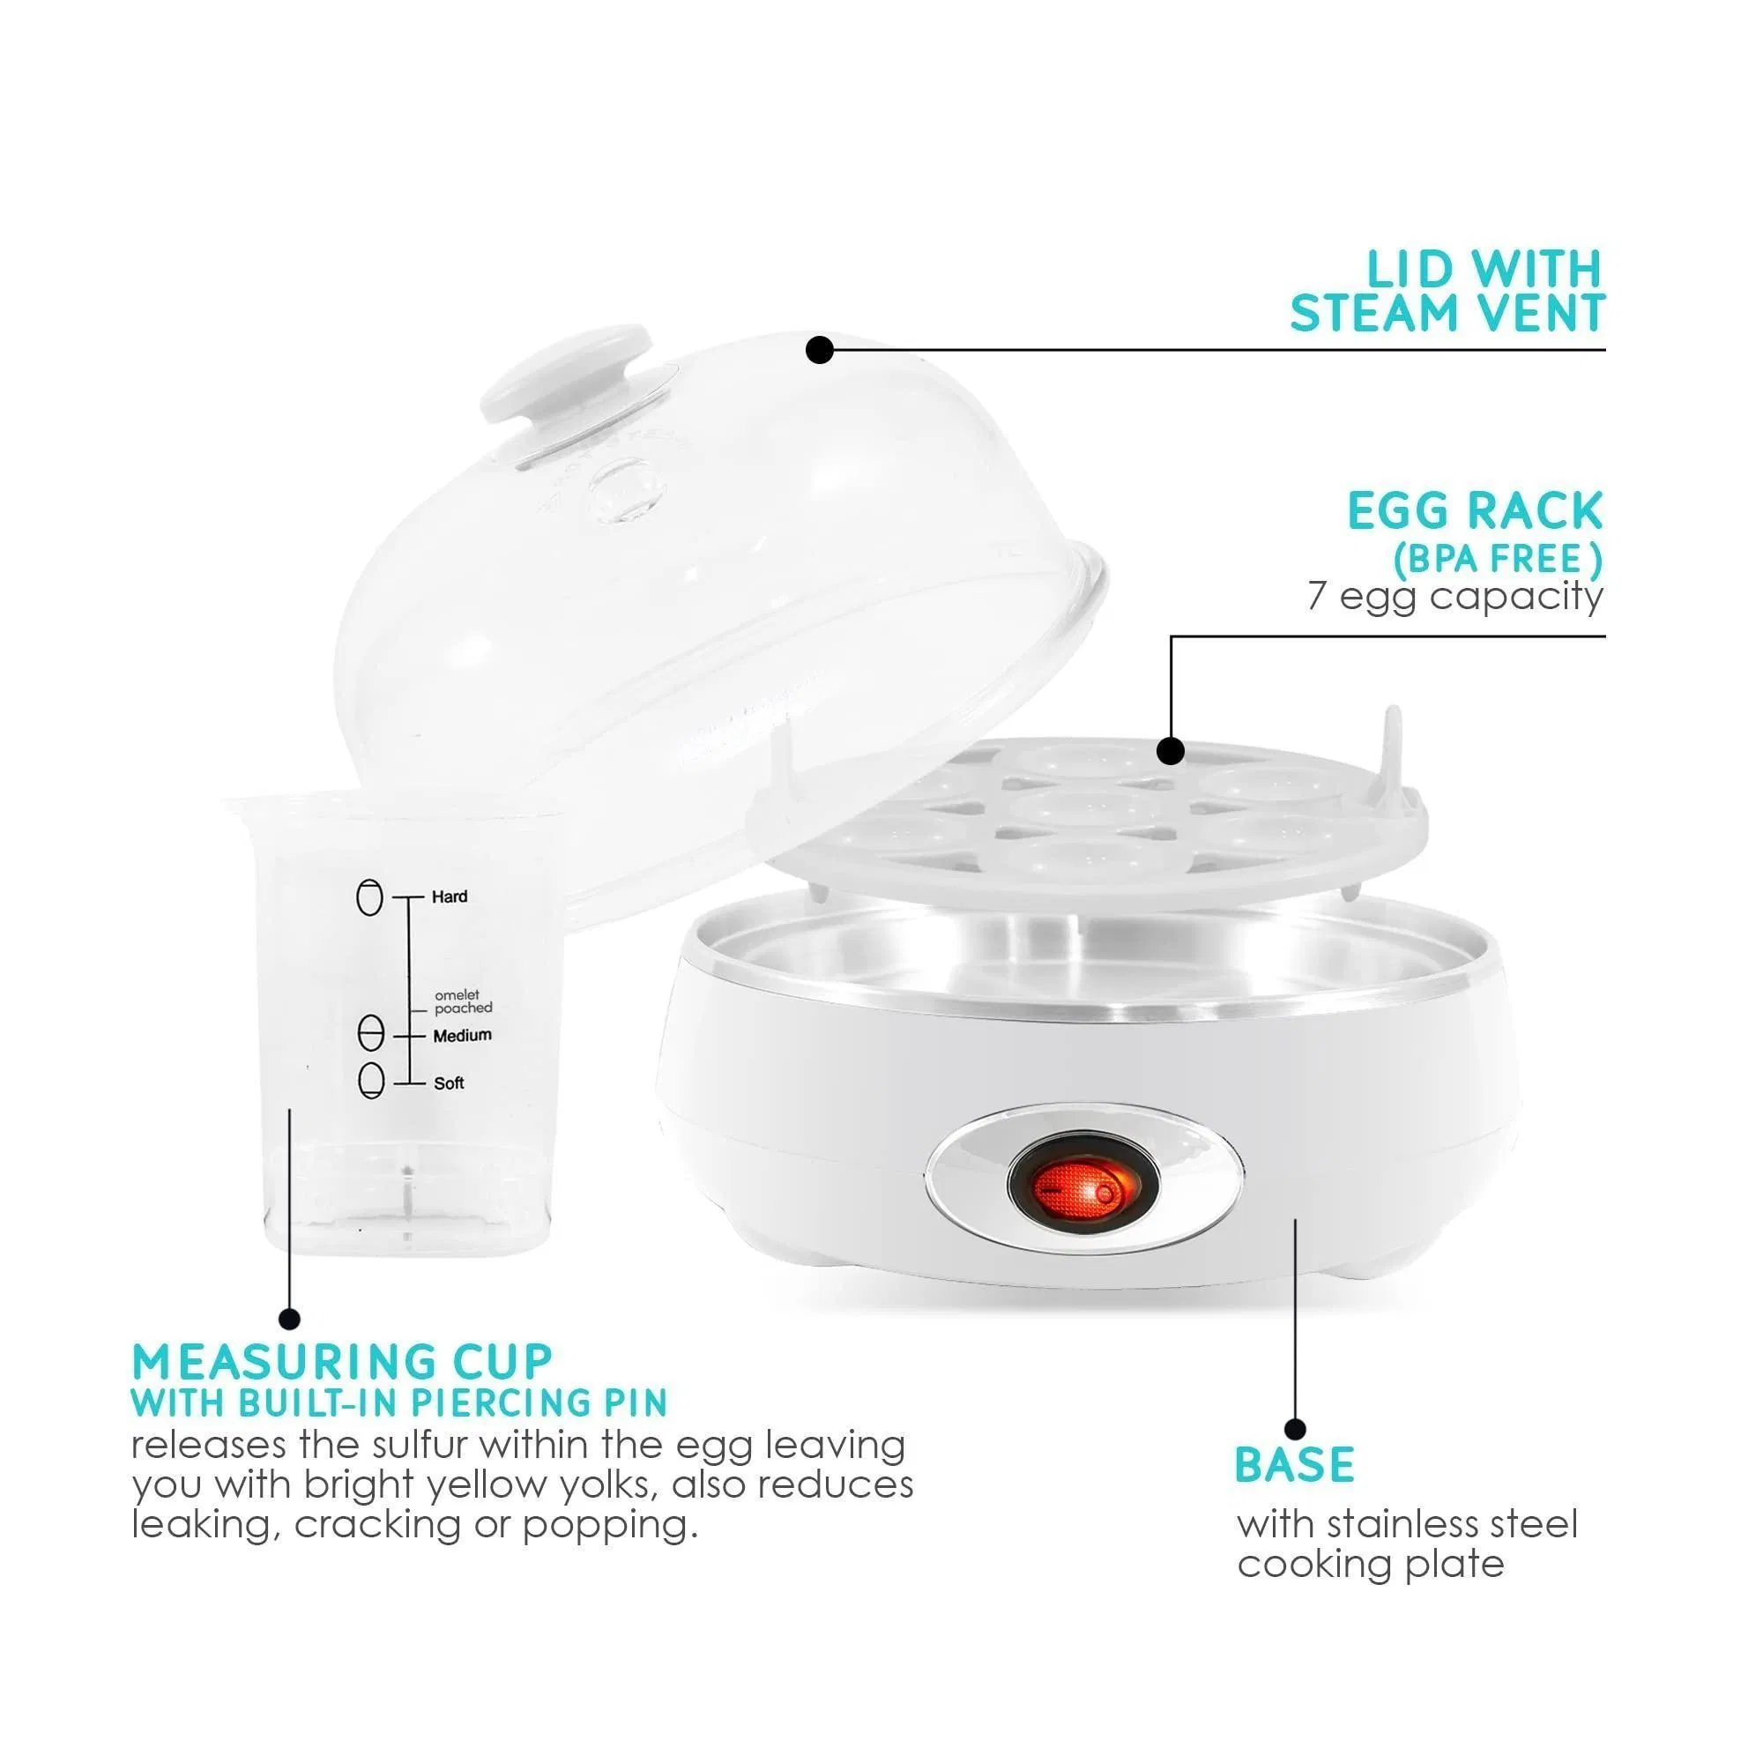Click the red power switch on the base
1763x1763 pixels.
point(1082,1191)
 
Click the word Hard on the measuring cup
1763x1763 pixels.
point(450,897)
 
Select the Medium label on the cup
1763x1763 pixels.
point(462,1036)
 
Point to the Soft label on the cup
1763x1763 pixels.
point(449,1083)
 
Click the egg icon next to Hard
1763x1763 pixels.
point(369,897)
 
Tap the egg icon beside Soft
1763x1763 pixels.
point(370,1082)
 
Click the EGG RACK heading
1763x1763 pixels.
point(1475,511)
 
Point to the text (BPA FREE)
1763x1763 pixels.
point(1498,560)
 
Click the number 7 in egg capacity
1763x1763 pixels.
point(1317,596)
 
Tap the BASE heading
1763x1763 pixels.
point(1294,1466)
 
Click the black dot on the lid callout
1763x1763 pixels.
point(820,349)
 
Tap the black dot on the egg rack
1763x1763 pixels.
point(1171,751)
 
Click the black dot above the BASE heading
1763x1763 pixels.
point(1295,1429)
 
